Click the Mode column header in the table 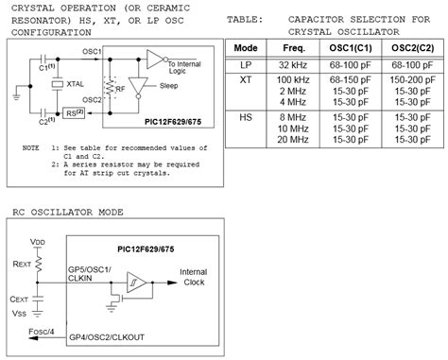(246, 47)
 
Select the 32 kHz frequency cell (292, 63)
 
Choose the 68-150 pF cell (349, 79)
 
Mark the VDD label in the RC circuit (39, 242)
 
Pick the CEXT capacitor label (22, 299)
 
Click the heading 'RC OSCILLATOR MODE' (67, 212)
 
